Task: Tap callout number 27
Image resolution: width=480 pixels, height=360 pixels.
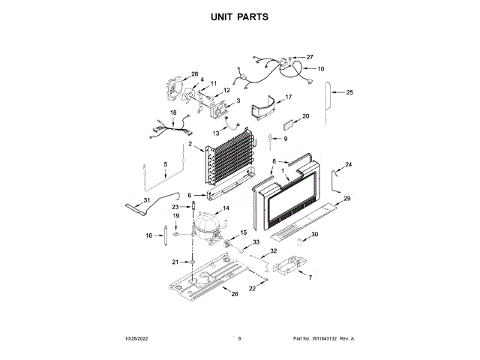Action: pyautogui.click(x=310, y=57)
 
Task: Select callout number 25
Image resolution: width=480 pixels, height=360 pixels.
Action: pyautogui.click(x=349, y=92)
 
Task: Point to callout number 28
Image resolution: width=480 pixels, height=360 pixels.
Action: pyautogui.click(x=194, y=74)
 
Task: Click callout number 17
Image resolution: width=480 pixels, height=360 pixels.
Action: pyautogui.click(x=288, y=97)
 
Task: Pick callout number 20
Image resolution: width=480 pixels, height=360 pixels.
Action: pyautogui.click(x=305, y=116)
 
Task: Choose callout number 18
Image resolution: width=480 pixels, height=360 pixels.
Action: pyautogui.click(x=173, y=113)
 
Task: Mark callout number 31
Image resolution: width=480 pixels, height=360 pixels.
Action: pyautogui.click(x=147, y=199)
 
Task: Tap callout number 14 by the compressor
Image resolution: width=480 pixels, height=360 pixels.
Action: pyautogui.click(x=226, y=207)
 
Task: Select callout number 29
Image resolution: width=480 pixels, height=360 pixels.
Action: pyautogui.click(x=346, y=198)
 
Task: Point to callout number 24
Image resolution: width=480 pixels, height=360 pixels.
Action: pyautogui.click(x=348, y=164)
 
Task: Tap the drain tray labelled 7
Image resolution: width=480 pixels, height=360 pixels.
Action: pyautogui.click(x=289, y=267)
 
